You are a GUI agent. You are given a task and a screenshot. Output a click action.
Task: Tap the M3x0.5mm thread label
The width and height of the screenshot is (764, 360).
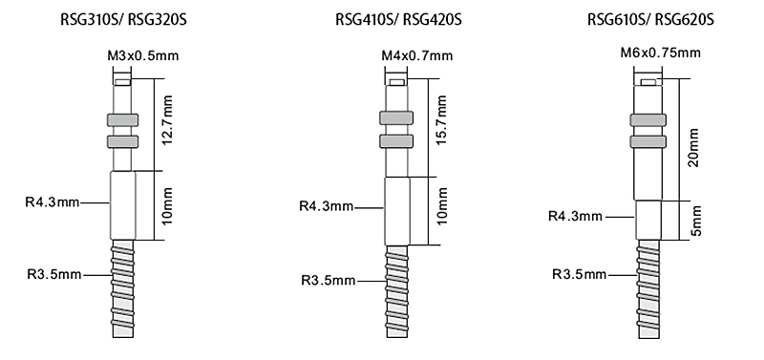(143, 56)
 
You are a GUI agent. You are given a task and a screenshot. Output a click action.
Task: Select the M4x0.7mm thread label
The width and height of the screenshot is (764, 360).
(416, 56)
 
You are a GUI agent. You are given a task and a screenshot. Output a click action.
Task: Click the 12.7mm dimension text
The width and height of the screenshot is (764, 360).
(168, 120)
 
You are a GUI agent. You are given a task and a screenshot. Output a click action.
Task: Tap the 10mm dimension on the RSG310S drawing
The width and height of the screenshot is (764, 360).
(168, 205)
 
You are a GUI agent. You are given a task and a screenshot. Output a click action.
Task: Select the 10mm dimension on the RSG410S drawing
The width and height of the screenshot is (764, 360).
(441, 211)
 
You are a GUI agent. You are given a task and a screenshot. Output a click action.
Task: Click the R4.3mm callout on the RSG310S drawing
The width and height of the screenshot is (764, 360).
(53, 202)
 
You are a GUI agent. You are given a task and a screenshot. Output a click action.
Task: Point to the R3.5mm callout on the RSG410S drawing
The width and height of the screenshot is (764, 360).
(328, 280)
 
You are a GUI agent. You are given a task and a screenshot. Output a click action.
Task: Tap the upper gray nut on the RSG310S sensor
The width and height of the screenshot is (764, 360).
(121, 120)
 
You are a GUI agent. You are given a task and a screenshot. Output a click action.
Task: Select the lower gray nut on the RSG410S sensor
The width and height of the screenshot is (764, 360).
(394, 142)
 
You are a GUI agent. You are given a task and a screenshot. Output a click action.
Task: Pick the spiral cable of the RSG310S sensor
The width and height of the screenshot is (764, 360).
(122, 286)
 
